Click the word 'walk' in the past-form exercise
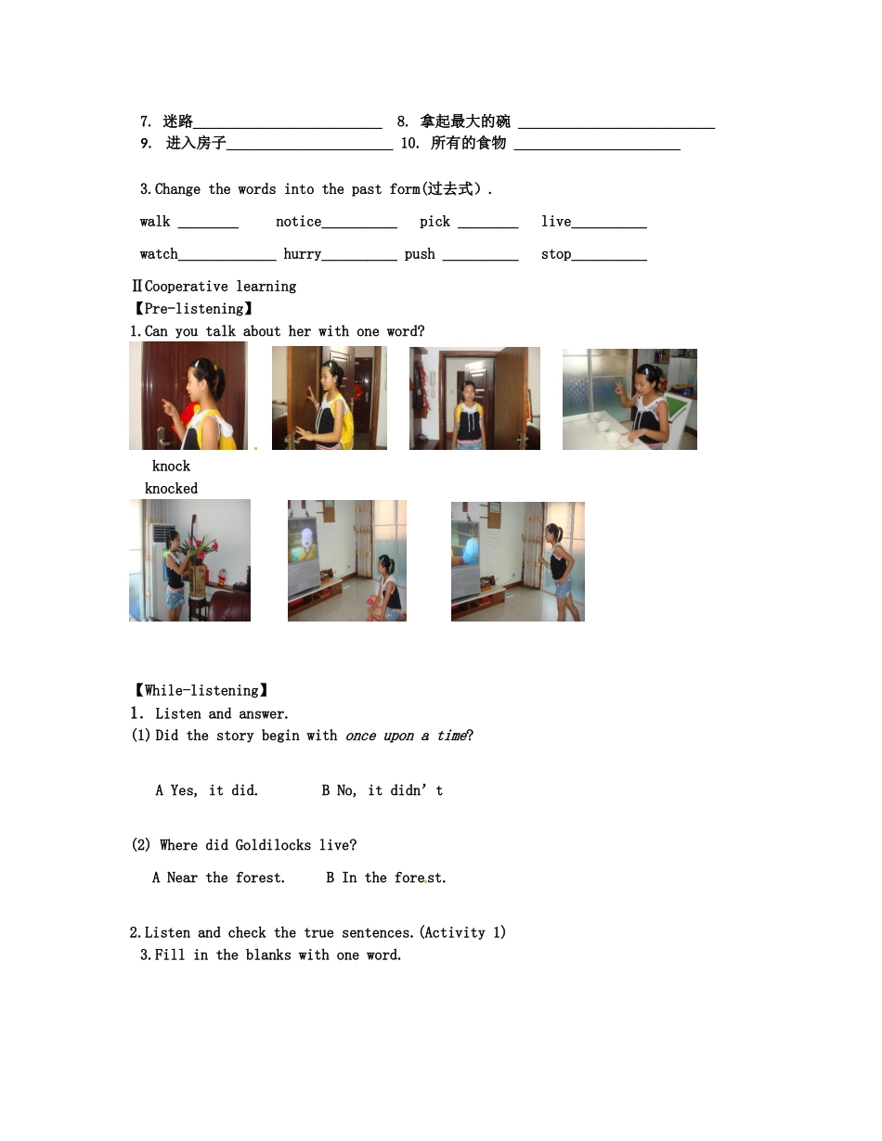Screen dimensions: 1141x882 (155, 222)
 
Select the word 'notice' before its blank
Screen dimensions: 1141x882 (298, 222)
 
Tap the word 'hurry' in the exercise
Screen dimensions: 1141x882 (303, 254)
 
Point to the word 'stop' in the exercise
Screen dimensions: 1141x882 (556, 254)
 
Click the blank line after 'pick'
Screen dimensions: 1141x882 (487, 225)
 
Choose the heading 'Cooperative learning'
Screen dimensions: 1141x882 (220, 287)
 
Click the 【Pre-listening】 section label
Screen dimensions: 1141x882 (192, 309)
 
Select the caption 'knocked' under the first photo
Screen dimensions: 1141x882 (171, 489)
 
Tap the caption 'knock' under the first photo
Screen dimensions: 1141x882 (171, 467)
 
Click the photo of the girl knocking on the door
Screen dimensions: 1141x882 (188, 396)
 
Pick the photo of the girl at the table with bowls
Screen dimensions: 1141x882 (629, 400)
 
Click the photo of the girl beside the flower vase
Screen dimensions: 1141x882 (189, 560)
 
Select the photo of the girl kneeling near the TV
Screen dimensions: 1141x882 (347, 560)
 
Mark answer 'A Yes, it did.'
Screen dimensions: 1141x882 (207, 791)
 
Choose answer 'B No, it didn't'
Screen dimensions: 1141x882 (383, 791)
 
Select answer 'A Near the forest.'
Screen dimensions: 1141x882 (219, 878)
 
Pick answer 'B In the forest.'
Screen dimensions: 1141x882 (386, 878)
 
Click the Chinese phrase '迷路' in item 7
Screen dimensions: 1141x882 (177, 122)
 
